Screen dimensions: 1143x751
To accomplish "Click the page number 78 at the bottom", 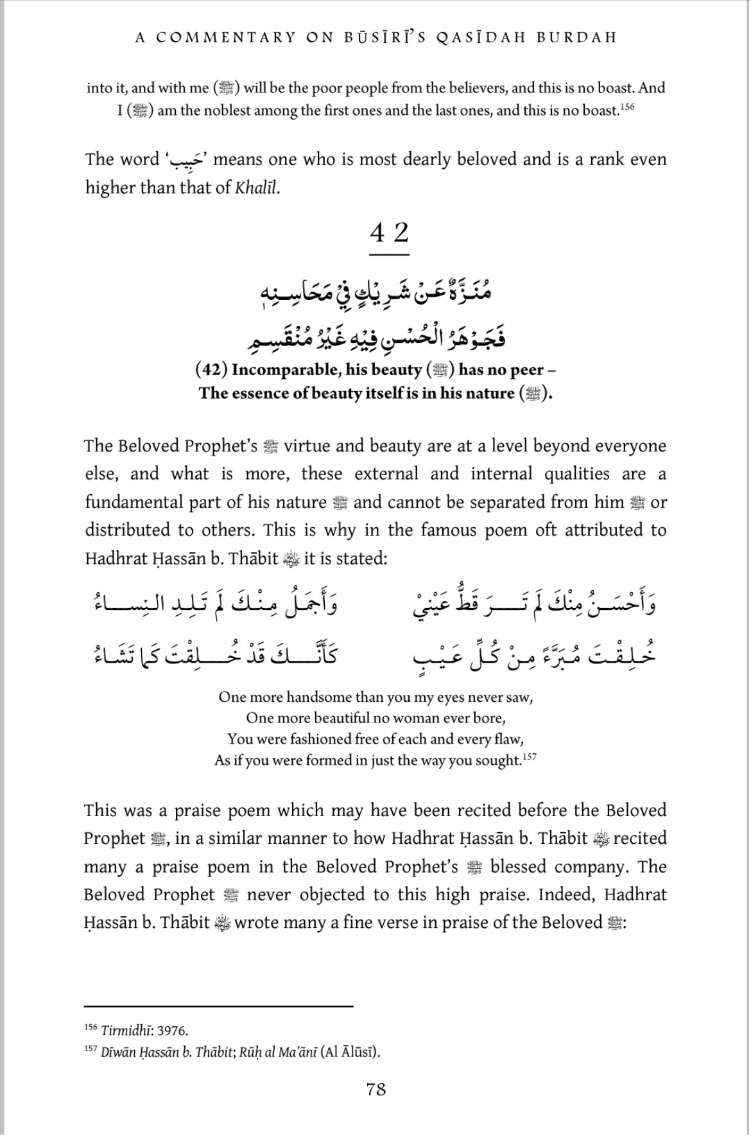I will [x=376, y=1089].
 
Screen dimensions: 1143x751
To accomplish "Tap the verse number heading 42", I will [x=389, y=232].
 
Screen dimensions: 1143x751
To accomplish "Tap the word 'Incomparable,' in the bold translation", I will [x=277, y=370].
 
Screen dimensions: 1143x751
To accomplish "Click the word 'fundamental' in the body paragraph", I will [x=129, y=502].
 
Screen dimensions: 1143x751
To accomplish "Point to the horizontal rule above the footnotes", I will [x=219, y=1006].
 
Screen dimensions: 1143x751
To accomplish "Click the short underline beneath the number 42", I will [x=389, y=255].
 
